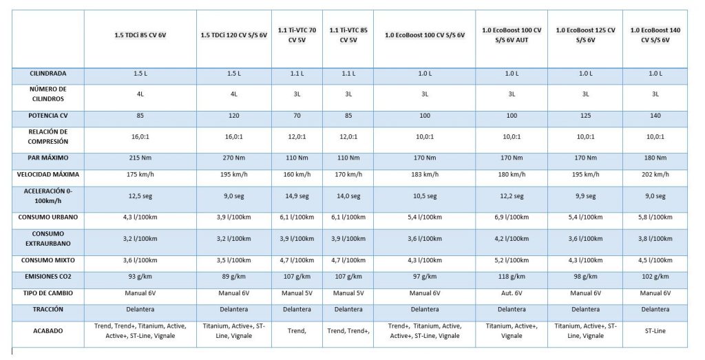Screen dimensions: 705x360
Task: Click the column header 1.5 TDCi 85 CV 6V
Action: [x=140, y=35]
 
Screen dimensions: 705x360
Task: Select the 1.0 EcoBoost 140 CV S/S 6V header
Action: [x=655, y=35]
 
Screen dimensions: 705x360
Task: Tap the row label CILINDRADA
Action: [x=48, y=73]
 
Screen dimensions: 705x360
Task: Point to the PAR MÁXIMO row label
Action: [x=48, y=158]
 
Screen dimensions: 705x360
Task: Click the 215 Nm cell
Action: [x=140, y=158]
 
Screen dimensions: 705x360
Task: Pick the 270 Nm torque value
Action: [x=234, y=158]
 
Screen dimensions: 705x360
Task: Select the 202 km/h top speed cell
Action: [x=655, y=174]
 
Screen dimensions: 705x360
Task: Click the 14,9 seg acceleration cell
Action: [x=297, y=196]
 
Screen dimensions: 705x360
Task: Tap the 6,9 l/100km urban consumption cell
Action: [x=512, y=217]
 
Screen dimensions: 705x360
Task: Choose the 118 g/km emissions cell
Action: [x=512, y=277]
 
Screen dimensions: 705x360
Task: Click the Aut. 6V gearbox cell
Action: [x=512, y=293]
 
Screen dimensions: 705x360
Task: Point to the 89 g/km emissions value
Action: [x=234, y=277]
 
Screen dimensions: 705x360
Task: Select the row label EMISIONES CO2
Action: [x=48, y=277]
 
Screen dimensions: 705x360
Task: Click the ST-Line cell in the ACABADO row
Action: [x=655, y=331]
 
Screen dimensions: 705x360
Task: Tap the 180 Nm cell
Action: [x=655, y=158]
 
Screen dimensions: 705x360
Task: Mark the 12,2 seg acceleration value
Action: [x=512, y=196]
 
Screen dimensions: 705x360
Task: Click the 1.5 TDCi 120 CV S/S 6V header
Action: [x=234, y=35]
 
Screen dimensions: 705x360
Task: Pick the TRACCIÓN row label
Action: [x=48, y=309]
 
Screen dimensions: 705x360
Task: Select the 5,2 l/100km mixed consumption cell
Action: [x=512, y=260]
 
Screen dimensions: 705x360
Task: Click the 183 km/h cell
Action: [x=424, y=174]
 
